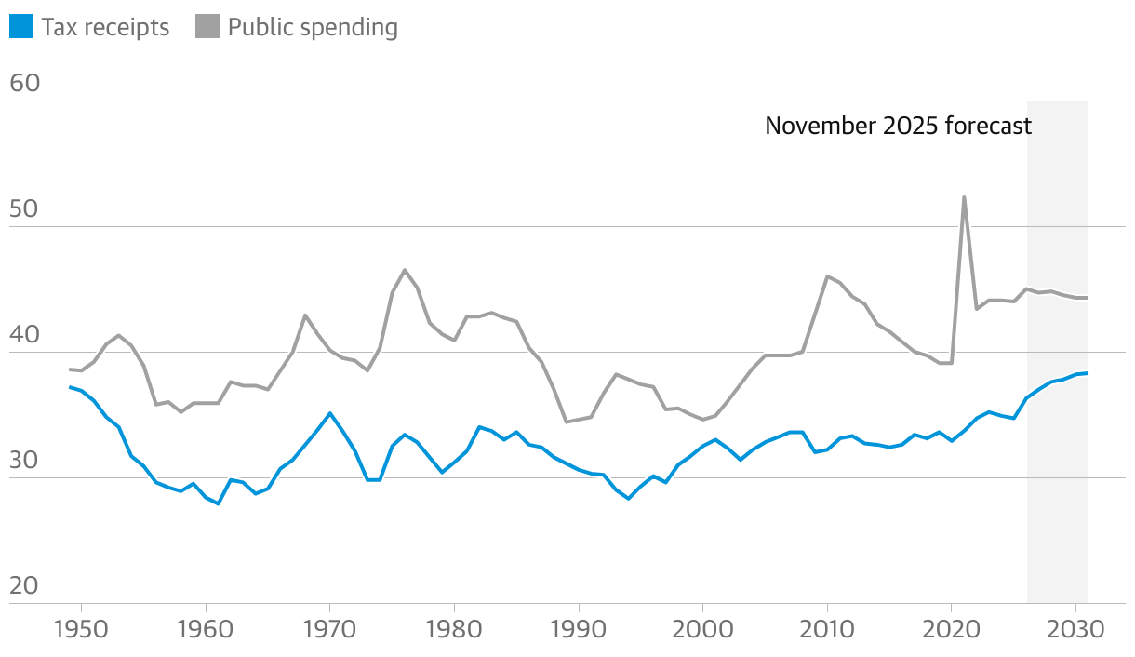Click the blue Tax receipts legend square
21,27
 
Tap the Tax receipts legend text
105,27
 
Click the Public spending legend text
313,27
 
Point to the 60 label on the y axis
24,84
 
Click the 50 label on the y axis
24,209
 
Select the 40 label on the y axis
24,335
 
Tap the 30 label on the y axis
24,461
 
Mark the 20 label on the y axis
24,586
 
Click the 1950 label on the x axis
81,629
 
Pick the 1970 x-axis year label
329,629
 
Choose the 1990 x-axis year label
579,629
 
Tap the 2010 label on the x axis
827,629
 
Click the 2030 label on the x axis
1075,629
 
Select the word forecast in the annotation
988,126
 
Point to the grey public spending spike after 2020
964,197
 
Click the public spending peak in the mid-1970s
405,270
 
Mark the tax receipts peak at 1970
329,413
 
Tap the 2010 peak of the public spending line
827,275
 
